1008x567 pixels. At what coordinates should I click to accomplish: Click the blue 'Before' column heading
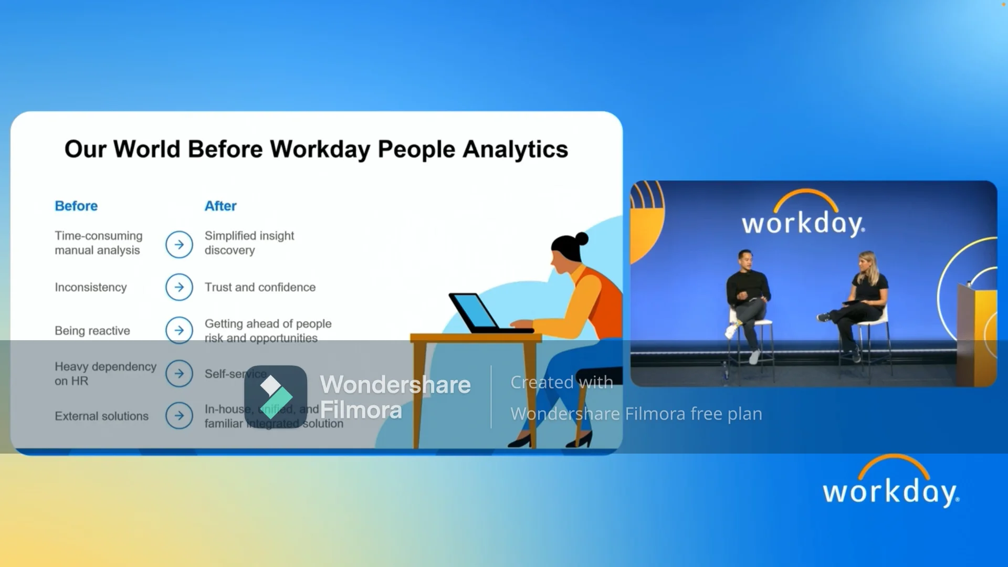click(x=76, y=206)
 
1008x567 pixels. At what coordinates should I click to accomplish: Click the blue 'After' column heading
click(x=220, y=206)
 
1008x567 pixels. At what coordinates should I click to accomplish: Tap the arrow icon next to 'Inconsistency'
click(x=179, y=287)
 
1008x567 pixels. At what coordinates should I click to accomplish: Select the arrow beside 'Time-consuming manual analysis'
click(x=179, y=245)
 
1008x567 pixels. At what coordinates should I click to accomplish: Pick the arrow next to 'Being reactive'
click(x=179, y=330)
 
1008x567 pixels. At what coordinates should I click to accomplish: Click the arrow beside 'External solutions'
click(x=179, y=416)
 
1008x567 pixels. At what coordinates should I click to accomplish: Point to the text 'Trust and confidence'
click(x=260, y=287)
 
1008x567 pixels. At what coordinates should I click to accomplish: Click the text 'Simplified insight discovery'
click(x=249, y=243)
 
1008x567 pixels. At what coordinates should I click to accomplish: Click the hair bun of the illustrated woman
click(x=581, y=239)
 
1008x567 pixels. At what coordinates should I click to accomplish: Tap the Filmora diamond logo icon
click(x=275, y=396)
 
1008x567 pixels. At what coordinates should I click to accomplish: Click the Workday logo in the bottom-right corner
click(x=891, y=483)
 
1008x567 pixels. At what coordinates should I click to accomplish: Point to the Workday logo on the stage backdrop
click(x=803, y=215)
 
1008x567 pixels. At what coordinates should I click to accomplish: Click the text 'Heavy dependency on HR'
click(x=105, y=374)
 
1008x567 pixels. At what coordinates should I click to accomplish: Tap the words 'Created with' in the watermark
click(x=562, y=382)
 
